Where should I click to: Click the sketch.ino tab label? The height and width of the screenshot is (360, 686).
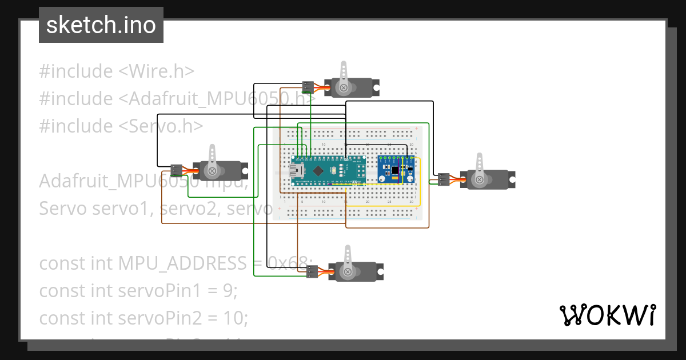(101, 25)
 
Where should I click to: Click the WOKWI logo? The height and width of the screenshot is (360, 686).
(607, 315)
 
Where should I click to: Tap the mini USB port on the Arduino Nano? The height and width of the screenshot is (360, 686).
(297, 170)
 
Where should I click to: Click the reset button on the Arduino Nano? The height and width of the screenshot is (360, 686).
(333, 170)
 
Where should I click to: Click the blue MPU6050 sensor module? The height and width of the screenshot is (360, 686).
(395, 170)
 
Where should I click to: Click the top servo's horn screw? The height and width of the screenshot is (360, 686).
(344, 88)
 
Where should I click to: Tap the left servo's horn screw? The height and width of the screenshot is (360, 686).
(212, 171)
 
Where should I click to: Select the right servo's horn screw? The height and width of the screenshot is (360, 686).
(478, 180)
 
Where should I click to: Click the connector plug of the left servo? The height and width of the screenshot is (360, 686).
(176, 170)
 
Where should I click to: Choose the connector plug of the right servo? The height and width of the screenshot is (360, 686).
(444, 179)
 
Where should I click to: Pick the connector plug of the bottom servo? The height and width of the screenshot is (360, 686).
(311, 272)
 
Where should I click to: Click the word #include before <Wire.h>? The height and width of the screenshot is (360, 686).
(76, 71)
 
